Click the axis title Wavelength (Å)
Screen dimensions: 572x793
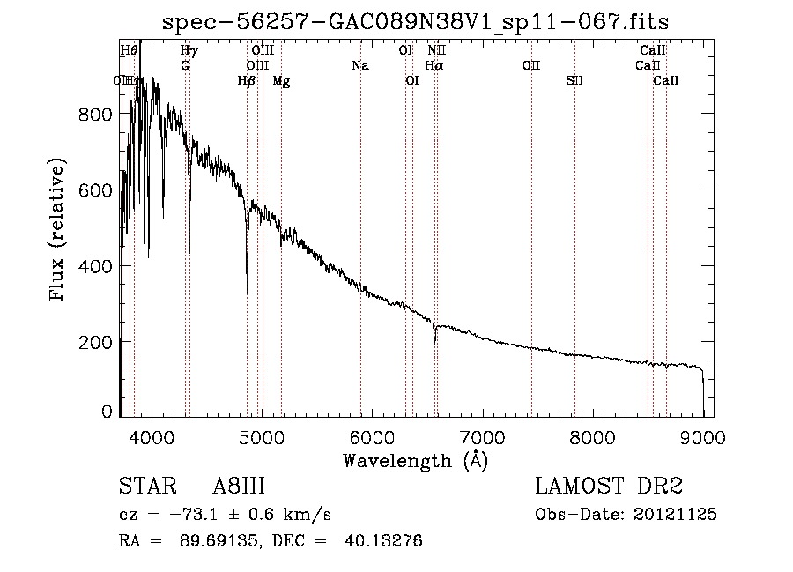tap(415, 460)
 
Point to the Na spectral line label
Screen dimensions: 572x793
tap(359, 66)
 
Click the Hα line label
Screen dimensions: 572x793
tap(434, 66)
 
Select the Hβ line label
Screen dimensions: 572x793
tap(247, 81)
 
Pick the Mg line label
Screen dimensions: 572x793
tap(281, 81)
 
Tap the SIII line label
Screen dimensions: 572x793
tap(574, 81)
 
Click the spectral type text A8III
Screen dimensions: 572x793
tap(239, 487)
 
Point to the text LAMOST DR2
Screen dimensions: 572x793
tap(609, 487)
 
